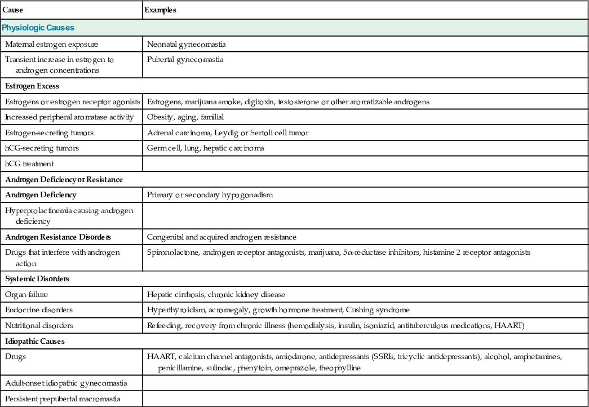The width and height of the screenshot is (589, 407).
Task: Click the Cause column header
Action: click(13, 10)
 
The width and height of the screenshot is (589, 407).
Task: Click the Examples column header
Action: click(161, 10)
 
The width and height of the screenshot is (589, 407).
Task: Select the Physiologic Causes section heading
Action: click(38, 27)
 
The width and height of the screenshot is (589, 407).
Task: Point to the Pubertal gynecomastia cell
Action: click(185, 59)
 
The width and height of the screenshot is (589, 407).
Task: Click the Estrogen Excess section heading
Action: click(32, 86)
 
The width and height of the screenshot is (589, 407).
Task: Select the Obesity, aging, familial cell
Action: click(185, 117)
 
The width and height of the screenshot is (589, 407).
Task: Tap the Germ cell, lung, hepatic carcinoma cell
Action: click(205, 148)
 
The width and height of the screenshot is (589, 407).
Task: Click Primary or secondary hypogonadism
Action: click(210, 194)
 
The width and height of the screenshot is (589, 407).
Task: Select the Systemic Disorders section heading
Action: click(37, 279)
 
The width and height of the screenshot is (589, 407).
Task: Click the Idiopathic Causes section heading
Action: click(35, 341)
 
